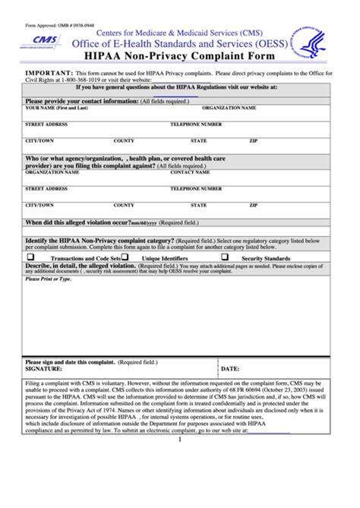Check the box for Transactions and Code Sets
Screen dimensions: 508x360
click(x=32, y=257)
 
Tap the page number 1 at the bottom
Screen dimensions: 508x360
click(x=180, y=440)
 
